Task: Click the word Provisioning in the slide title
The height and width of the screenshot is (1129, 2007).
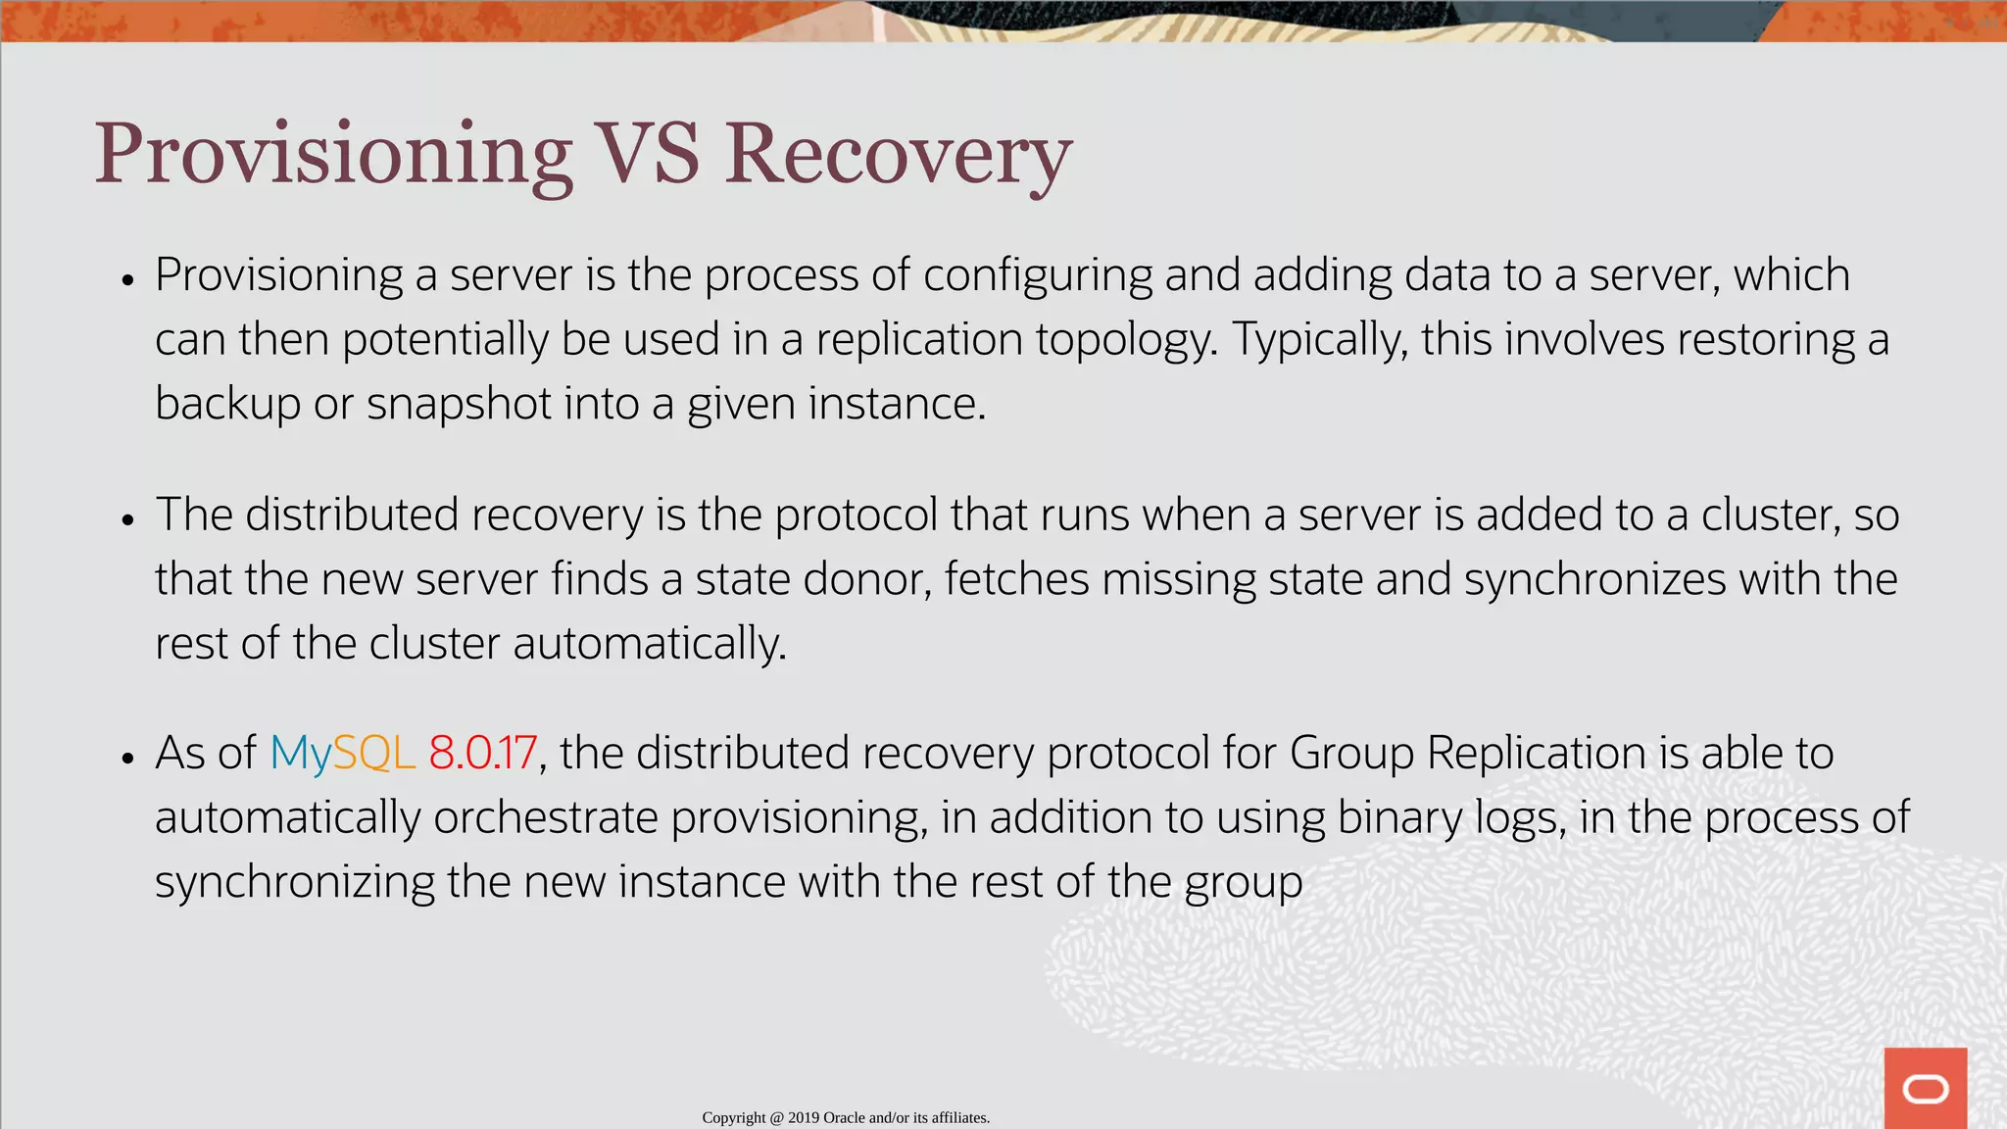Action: point(333,155)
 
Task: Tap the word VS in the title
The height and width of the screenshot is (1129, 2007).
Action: point(648,155)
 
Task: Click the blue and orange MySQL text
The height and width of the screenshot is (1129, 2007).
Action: point(342,753)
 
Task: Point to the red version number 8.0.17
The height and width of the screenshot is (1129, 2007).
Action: point(482,753)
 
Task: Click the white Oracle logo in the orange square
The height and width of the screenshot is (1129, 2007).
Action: point(1925,1089)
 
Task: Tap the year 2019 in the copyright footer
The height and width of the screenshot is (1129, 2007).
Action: point(803,1117)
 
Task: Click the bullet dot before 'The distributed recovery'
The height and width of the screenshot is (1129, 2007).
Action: point(127,519)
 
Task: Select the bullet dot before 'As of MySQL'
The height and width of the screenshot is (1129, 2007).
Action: point(127,759)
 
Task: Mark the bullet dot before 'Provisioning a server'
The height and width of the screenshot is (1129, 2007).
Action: point(127,280)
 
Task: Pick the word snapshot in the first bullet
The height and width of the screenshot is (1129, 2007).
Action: point(459,404)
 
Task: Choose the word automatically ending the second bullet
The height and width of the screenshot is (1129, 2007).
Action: point(649,643)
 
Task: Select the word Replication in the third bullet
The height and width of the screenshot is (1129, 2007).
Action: point(1536,753)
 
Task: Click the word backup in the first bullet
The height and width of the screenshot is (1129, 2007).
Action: point(227,404)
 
